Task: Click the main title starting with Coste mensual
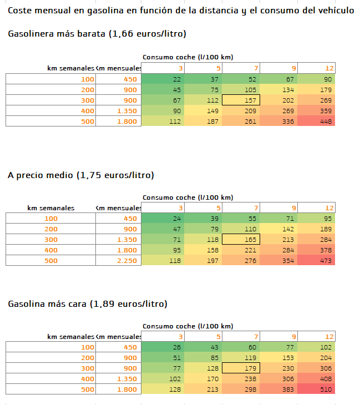[x=180, y=11]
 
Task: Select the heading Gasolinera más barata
[x=97, y=34]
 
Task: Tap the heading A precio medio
[x=81, y=175]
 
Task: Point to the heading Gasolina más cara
[x=88, y=304]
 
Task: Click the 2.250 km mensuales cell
[x=119, y=261]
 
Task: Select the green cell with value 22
[x=161, y=79]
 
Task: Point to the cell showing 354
[x=278, y=261]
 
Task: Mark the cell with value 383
[x=278, y=389]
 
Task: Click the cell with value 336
[x=278, y=121]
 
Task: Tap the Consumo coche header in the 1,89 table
[x=187, y=326]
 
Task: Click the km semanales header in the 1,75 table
[x=51, y=208]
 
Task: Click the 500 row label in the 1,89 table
[x=51, y=389]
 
